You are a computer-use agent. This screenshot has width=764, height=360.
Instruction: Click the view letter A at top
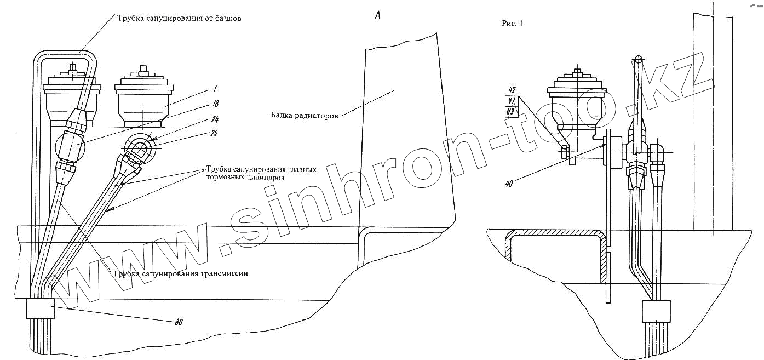(377, 16)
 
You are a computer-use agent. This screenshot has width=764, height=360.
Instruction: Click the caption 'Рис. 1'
(513, 24)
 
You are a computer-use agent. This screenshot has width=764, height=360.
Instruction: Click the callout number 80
(178, 322)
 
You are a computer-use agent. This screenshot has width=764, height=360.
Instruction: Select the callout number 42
(512, 90)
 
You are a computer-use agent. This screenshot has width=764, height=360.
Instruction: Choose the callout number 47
(512, 100)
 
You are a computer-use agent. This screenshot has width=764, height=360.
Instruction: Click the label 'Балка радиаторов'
(303, 115)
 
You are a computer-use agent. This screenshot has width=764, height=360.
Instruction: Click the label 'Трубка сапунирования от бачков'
(179, 18)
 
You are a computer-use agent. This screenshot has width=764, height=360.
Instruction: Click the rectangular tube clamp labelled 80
(40, 310)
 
